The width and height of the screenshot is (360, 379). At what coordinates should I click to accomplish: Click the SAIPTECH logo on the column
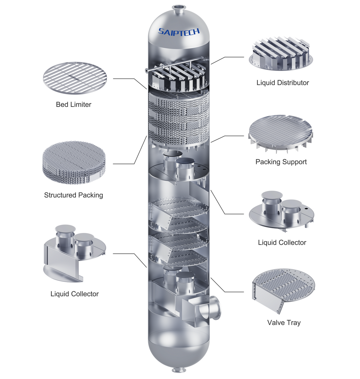[179, 32]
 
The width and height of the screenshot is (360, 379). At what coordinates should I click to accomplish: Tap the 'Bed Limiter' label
[73, 105]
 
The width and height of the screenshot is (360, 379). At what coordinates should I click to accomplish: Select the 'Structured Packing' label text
[73, 195]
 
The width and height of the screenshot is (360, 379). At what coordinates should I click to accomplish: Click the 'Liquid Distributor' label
[283, 83]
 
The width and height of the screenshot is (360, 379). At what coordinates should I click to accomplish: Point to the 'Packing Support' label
[281, 162]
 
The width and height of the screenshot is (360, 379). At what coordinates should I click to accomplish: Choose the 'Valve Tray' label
[284, 323]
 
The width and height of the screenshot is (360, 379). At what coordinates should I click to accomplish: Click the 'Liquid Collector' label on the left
[74, 294]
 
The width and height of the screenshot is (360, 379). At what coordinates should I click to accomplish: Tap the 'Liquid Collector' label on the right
[282, 242]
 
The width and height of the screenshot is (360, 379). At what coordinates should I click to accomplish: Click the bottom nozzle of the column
[179, 370]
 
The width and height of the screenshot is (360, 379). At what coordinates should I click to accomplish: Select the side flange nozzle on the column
[215, 308]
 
